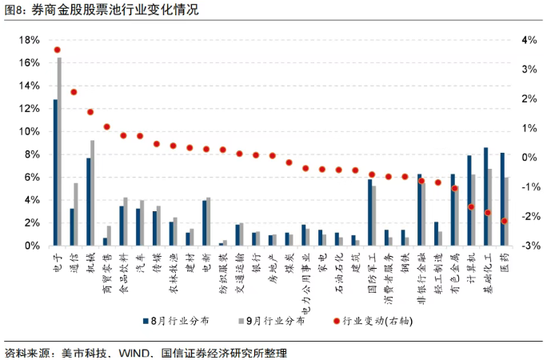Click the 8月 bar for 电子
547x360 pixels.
pos(55,172)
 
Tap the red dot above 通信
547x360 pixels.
pos(74,92)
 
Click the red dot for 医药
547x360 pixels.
pos(505,221)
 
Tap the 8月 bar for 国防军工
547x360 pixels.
pos(369,212)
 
